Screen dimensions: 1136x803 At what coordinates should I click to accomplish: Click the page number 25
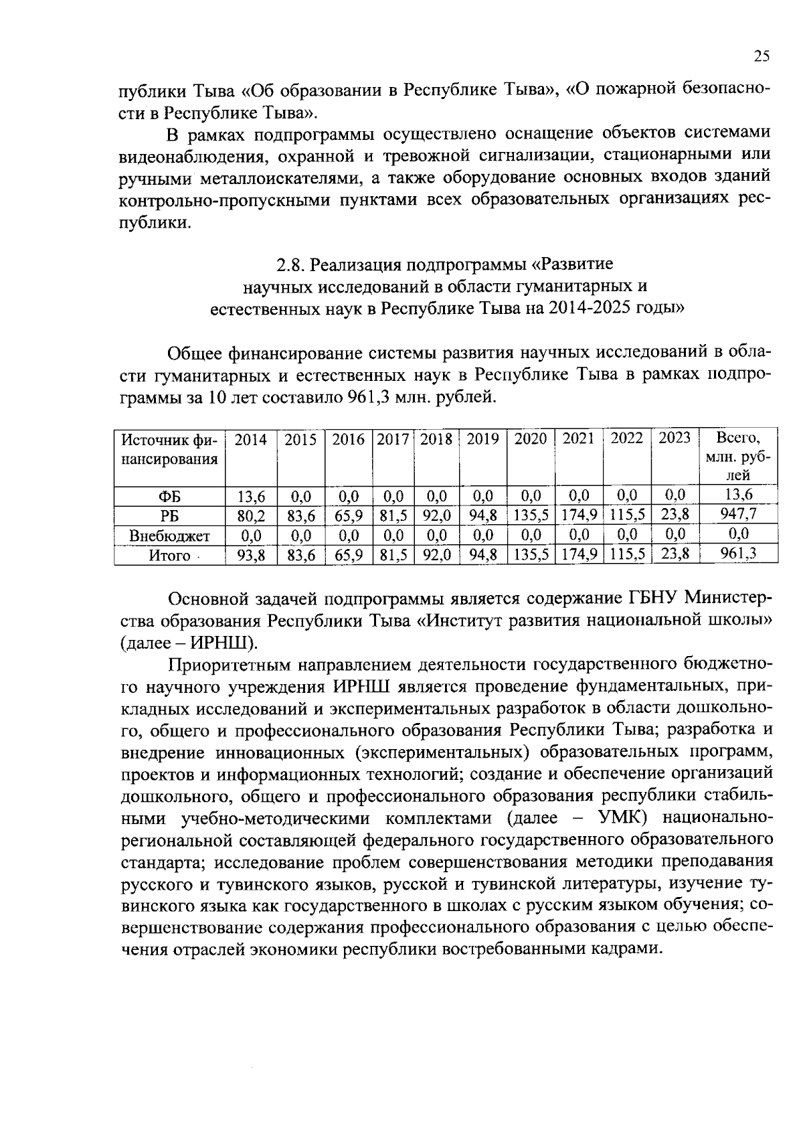(x=762, y=56)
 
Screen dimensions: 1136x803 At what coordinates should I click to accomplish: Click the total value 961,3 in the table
(x=738, y=554)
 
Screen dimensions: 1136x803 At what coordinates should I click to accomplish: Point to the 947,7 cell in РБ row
(x=738, y=515)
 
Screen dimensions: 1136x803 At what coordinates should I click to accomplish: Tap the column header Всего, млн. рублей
(x=738, y=457)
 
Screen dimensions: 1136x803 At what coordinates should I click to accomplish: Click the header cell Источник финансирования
(x=169, y=449)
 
